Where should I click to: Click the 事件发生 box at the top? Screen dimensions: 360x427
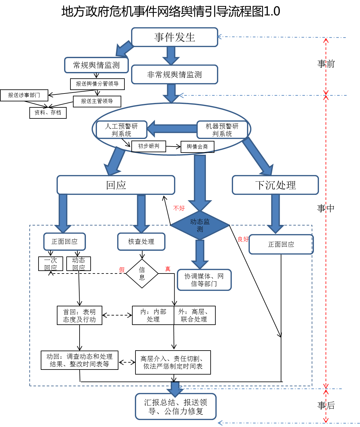pos(175,37)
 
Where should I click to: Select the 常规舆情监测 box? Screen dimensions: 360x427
pos(96,65)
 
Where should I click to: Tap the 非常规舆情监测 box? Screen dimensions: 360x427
pos(175,75)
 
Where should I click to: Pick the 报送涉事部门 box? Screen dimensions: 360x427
pos(24,95)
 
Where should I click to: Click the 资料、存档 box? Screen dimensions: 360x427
pos(48,113)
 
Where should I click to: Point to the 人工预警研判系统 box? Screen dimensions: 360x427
pos(122,130)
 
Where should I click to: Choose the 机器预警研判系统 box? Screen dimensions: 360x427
pos(222,130)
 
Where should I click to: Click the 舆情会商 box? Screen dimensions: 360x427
pos(197,147)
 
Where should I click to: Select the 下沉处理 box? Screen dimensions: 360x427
pos(275,185)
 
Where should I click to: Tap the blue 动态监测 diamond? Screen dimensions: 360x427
pos(200,225)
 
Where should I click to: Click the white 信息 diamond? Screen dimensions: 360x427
pos(142,274)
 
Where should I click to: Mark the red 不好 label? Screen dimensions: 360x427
pos(179,208)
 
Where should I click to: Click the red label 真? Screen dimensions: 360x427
pos(168,269)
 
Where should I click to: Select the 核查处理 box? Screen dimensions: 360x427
pos(141,242)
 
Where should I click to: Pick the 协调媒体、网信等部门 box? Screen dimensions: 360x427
pos(204,280)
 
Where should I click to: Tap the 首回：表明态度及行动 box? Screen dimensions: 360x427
pos(79,315)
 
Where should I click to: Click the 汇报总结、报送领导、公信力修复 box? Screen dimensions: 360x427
pos(176,406)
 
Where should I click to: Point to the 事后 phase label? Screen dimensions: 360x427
pos(326,405)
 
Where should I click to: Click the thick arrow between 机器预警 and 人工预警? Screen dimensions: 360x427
pos(172,129)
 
